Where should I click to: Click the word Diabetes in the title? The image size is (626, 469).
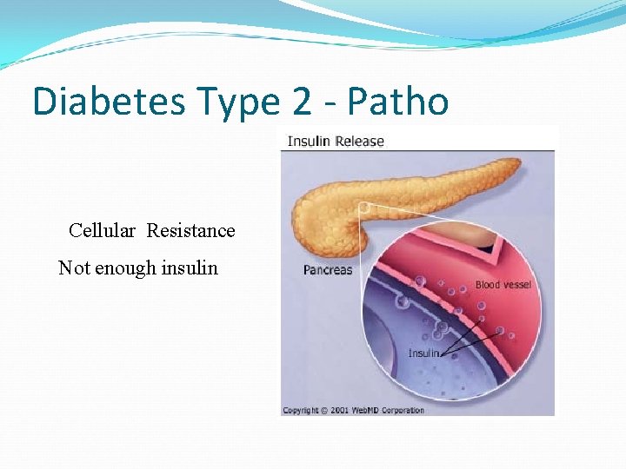[109, 102]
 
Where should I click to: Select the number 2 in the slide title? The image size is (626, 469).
[301, 102]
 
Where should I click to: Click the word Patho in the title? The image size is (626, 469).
[398, 102]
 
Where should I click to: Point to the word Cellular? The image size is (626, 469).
[102, 230]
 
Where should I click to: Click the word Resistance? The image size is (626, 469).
[190, 230]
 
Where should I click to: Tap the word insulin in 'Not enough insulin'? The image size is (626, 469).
[189, 268]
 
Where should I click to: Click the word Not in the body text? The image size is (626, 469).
[74, 268]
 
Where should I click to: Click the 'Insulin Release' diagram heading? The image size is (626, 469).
[336, 141]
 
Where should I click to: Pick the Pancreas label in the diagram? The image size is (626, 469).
[328, 270]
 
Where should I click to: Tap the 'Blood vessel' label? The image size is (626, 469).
[503, 285]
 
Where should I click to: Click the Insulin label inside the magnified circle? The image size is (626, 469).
[423, 353]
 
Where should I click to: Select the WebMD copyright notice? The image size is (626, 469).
[354, 410]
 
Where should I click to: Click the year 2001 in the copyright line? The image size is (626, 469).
[340, 410]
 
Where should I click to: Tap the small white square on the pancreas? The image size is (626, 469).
[363, 207]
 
